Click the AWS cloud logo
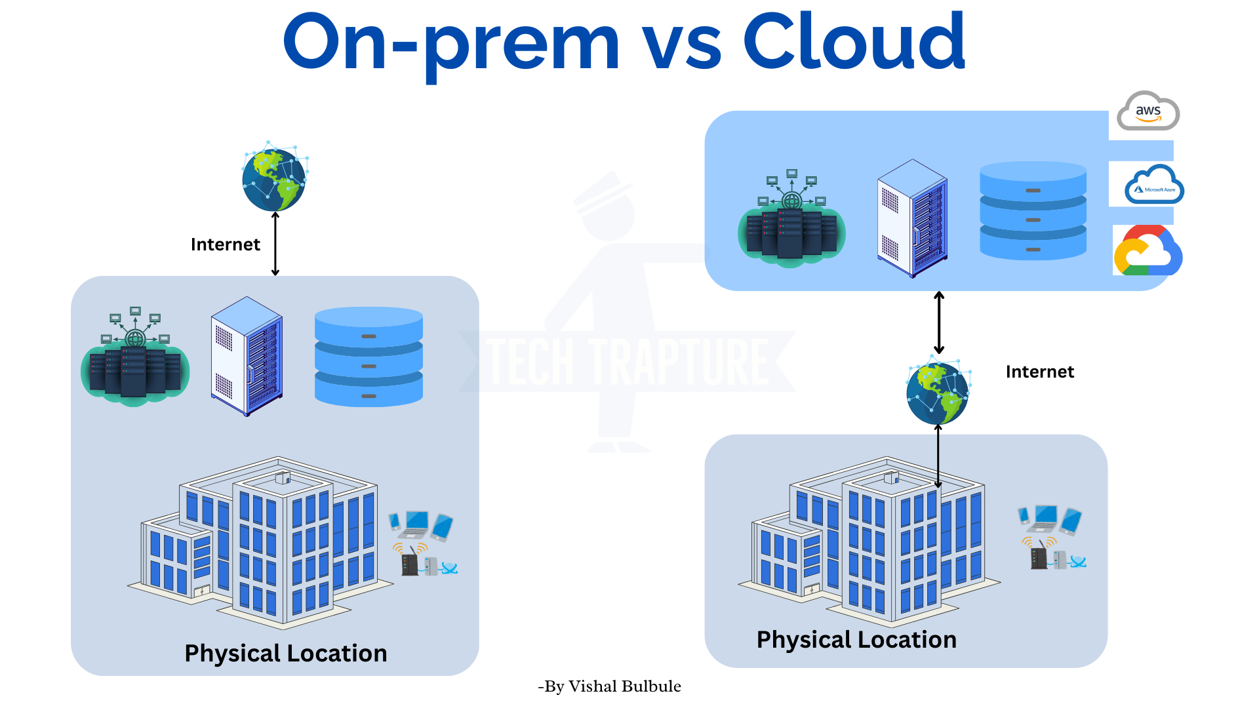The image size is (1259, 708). pos(1148,111)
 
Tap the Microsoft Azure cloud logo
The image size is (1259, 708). pos(1154,185)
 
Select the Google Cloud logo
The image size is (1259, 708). pos(1148,251)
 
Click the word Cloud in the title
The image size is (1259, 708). pos(854,42)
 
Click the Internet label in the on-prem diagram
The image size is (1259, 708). pos(225,245)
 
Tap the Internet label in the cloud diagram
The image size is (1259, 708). pos(1039,372)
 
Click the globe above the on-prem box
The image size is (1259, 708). pos(274,178)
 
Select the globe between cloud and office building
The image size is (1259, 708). pos(938,392)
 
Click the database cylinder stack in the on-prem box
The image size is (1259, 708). pos(369,357)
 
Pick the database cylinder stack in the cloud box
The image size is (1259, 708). pos(1033,210)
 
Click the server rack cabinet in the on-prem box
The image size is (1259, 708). pos(247,356)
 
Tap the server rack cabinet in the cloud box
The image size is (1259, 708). pos(912,218)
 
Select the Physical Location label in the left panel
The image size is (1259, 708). pos(286,653)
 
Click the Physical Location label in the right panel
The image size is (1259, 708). pos(856,639)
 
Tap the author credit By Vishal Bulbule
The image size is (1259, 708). pos(609,686)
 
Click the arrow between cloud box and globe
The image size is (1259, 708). pos(939,323)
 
